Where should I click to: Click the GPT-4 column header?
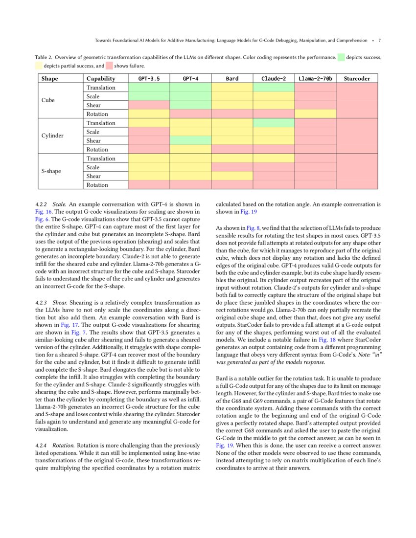pyautogui.click(x=190, y=78)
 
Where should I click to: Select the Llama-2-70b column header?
pyautogui.click(x=315, y=78)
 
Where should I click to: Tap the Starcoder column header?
pyautogui.click(x=357, y=78)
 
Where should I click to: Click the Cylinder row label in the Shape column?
pyautogui.click(x=52, y=136)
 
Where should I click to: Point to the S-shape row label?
pyautogui.click(x=51, y=172)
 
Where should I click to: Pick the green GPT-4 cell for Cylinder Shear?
pyautogui.click(x=190, y=141)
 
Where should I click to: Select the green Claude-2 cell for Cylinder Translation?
pyautogui.click(x=274, y=123)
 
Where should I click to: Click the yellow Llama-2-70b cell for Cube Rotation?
pyautogui.click(x=315, y=114)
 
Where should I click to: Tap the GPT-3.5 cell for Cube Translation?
pyautogui.click(x=148, y=88)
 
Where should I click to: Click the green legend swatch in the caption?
pyautogui.click(x=340, y=57)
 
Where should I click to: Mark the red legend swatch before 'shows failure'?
pyautogui.click(x=109, y=66)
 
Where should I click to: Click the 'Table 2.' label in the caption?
pyautogui.click(x=46, y=57)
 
